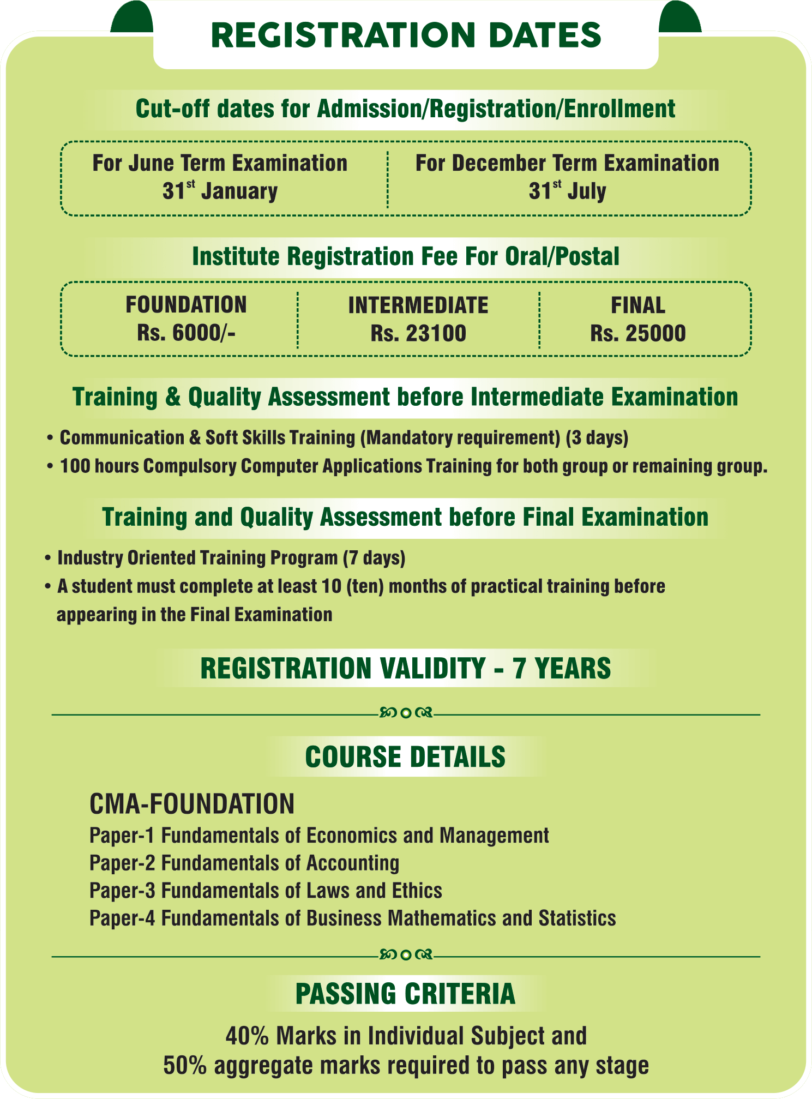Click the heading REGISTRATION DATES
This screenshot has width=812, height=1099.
pos(406,35)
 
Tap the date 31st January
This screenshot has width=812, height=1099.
pos(220,191)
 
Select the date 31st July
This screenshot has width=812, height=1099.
pos(567,191)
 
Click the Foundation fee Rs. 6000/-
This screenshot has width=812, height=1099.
pos(186,333)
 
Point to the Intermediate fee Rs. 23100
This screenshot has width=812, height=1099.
pos(418,333)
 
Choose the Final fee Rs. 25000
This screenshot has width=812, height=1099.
pos(638,333)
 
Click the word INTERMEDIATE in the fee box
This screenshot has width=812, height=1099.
pos(418,305)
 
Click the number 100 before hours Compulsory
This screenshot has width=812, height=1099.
pos(75,466)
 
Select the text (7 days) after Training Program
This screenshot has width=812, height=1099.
pos(374,558)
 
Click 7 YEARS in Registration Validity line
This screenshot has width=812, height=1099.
pos(562,669)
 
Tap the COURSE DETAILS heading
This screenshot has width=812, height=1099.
pos(405,757)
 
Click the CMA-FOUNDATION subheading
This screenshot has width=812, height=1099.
pos(192,804)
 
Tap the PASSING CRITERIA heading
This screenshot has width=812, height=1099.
pos(405,994)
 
